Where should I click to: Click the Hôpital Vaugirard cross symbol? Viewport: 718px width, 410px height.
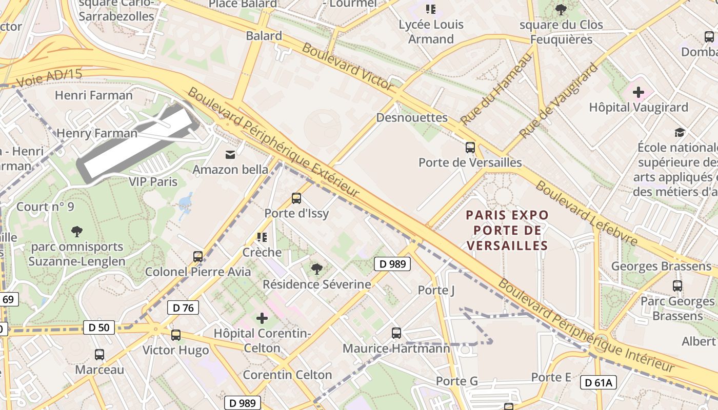click(638, 92)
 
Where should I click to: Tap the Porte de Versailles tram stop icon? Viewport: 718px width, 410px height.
click(470, 148)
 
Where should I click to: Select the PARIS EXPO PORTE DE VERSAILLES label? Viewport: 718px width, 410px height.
click(507, 230)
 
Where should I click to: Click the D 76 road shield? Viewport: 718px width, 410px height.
click(183, 307)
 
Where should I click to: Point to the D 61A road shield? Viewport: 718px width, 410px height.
click(598, 382)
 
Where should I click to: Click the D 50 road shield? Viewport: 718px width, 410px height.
click(99, 327)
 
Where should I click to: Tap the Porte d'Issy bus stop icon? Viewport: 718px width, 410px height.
click(296, 198)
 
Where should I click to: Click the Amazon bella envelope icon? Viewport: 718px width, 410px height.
click(230, 154)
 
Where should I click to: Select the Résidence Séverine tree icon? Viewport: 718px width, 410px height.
click(316, 269)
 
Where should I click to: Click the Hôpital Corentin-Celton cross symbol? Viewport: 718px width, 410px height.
click(262, 318)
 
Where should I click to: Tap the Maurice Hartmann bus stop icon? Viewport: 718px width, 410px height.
click(396, 333)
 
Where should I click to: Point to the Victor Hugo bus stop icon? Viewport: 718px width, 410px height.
click(175, 335)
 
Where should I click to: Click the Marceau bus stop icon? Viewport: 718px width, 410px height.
click(99, 354)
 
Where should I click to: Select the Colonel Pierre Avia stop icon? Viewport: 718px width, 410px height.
click(197, 256)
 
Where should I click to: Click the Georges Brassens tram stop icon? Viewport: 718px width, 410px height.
click(677, 285)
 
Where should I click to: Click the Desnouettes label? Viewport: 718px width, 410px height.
click(412, 117)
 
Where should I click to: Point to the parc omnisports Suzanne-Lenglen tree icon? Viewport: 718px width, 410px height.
click(77, 232)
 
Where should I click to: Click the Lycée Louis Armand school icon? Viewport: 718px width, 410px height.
click(431, 9)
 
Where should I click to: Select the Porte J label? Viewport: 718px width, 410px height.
click(436, 290)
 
